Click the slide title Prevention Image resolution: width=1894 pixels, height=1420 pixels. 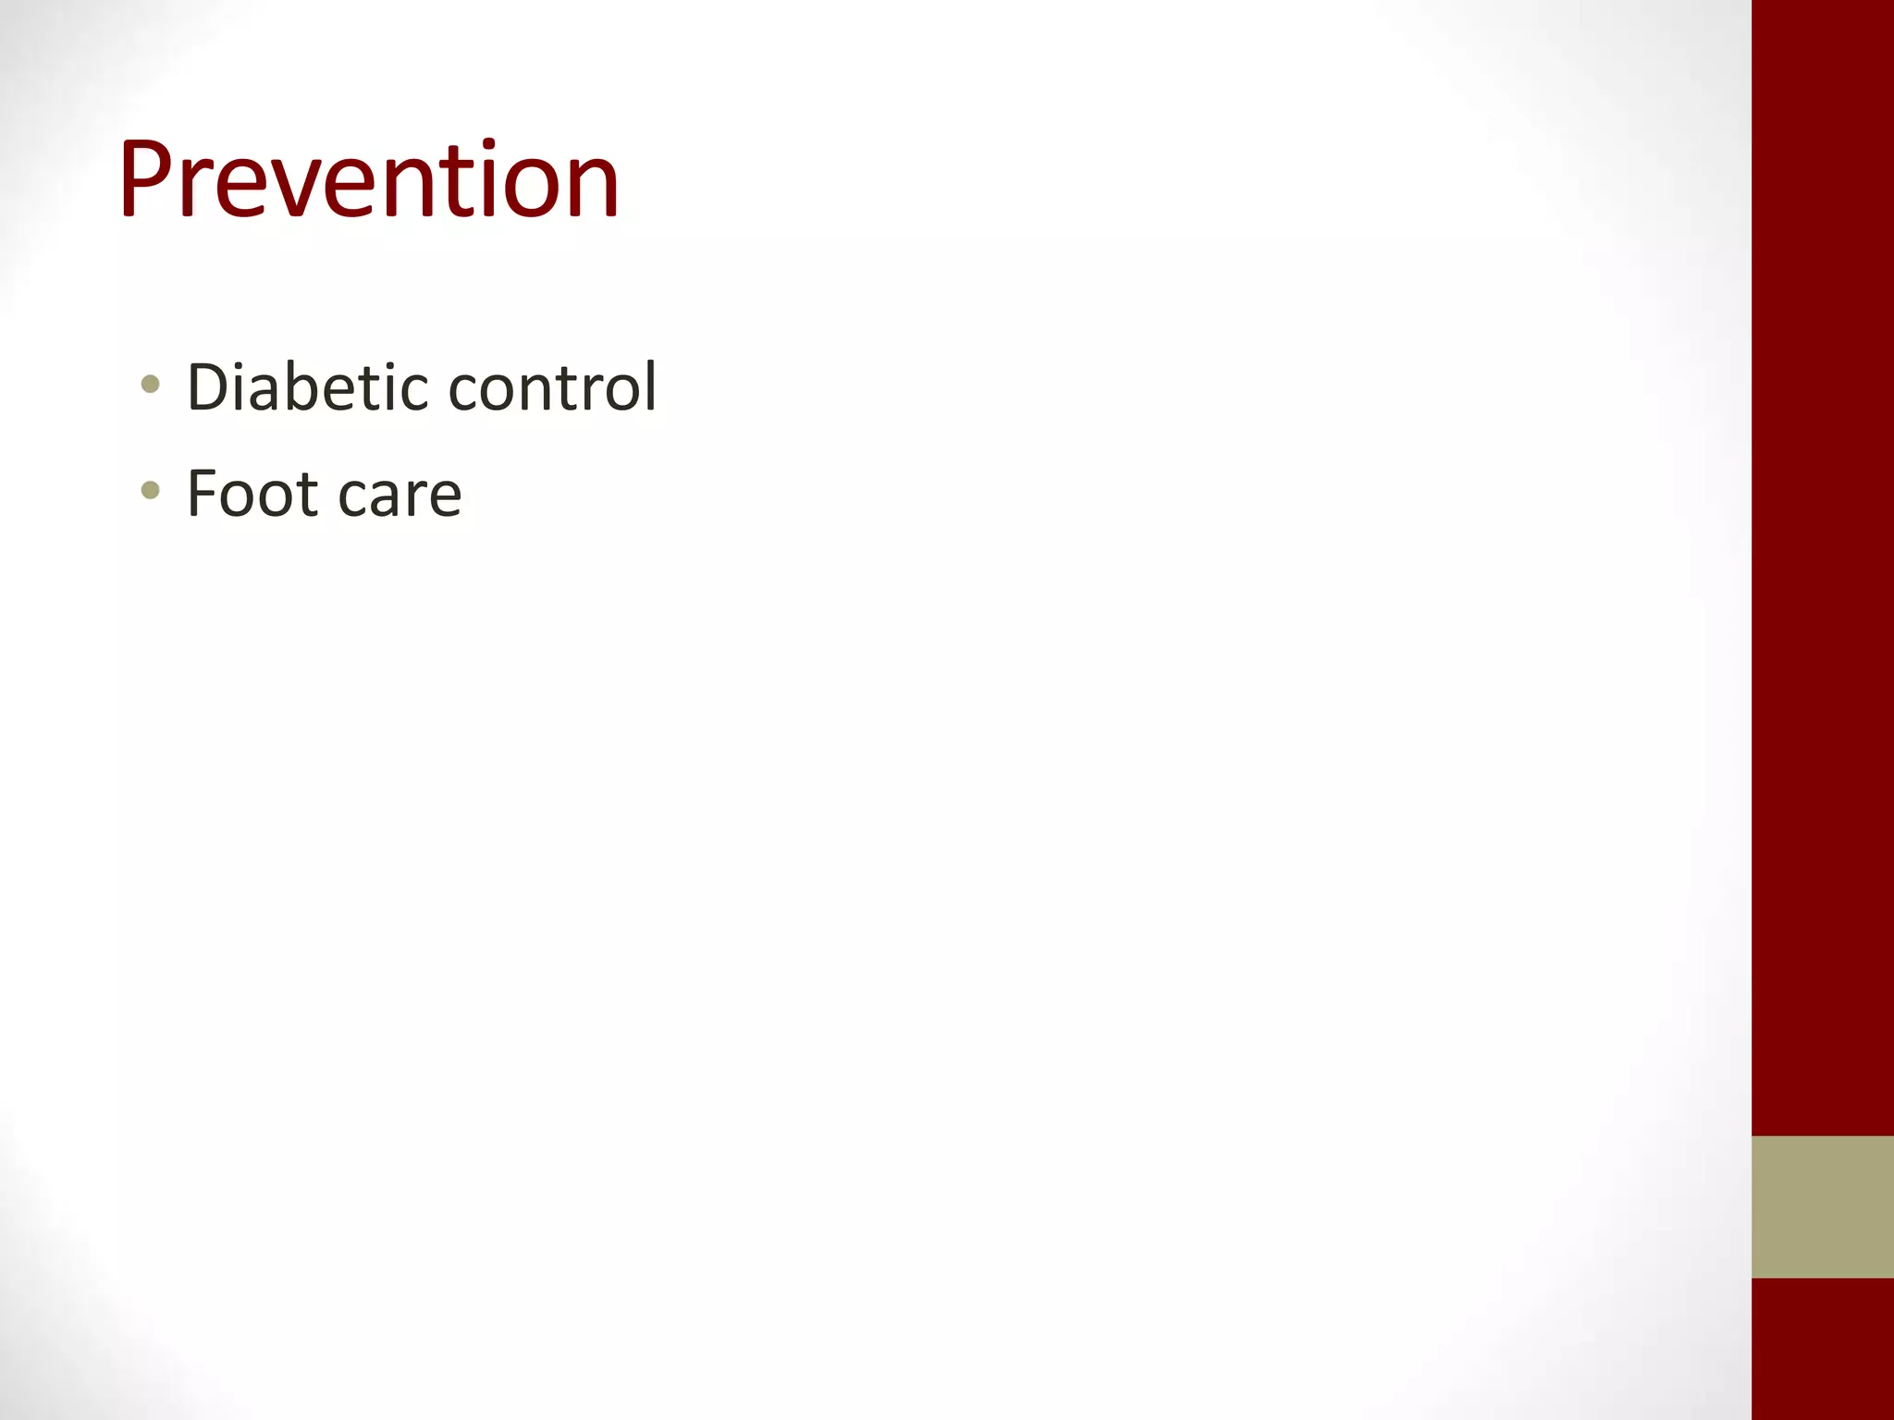368,179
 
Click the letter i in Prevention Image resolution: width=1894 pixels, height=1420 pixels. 487,179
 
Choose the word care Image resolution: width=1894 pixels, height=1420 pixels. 400,497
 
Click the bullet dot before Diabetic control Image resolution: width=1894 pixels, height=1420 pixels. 151,384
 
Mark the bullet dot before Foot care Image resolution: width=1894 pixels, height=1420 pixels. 151,490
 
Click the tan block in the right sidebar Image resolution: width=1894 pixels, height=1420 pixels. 1822,1206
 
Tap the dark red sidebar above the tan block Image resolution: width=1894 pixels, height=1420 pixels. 1822,555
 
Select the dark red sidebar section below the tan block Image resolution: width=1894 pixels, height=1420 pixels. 1822,1350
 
